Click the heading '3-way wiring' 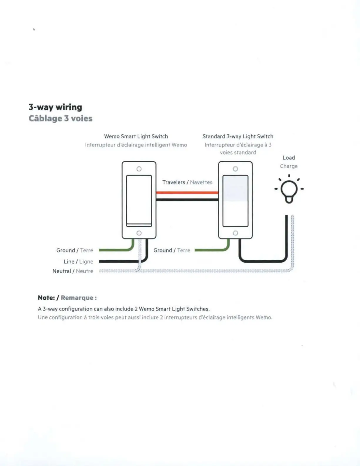click(55, 107)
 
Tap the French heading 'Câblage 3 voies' click(61, 118)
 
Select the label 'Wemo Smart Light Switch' click(136, 136)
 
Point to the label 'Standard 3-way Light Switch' click(238, 136)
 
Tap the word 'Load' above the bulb click(289, 158)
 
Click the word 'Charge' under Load click(289, 166)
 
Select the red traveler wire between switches click(187, 193)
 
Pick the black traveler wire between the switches click(187, 199)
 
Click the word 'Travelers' click(174, 182)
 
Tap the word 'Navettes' click(201, 182)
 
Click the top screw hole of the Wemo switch click(139, 169)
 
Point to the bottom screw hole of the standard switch click(235, 233)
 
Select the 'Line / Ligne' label click(78, 262)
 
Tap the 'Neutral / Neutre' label click(73, 271)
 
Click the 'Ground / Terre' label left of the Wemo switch click(75, 250)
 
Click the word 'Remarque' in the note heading click(77, 298)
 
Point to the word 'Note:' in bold click(46, 298)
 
